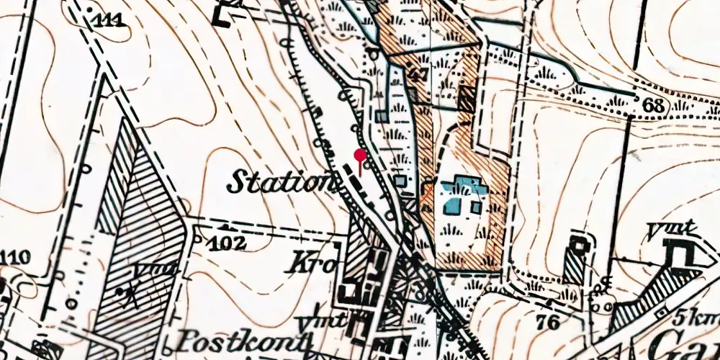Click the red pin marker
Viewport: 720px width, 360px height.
pos(360,155)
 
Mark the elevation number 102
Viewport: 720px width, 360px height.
pos(229,242)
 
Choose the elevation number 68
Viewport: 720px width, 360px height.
pos(653,104)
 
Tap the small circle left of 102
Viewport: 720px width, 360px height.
pos(198,238)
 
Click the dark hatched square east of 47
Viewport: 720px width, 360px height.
pos(467,99)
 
